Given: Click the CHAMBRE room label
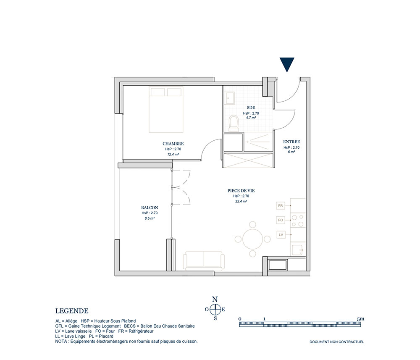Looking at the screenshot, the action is coord(173,144).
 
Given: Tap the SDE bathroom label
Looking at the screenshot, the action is coord(251,108).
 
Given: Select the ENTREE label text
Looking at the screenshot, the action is coord(291,142).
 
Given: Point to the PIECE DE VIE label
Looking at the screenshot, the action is coord(241,191).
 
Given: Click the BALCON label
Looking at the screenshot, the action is coord(150,208).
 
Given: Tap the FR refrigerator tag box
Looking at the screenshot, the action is coord(281,206).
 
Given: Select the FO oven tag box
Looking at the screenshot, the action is coord(281,220).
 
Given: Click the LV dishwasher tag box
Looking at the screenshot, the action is coord(281,235).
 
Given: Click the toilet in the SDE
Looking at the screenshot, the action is coord(234,124).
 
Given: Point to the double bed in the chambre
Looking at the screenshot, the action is coord(166,110).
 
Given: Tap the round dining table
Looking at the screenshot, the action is coord(252,239).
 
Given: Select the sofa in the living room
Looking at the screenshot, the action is coord(204,260).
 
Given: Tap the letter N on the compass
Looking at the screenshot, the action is coord(215,300).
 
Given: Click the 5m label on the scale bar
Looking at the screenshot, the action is coord(360,319).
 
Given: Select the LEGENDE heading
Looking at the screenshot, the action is coord(72,311).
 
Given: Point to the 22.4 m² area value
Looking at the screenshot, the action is coord(241,202).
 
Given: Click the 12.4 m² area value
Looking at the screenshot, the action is coord(173,155).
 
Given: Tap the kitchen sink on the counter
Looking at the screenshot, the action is coord(298,250).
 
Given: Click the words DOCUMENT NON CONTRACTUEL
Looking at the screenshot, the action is coord(337,342).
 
